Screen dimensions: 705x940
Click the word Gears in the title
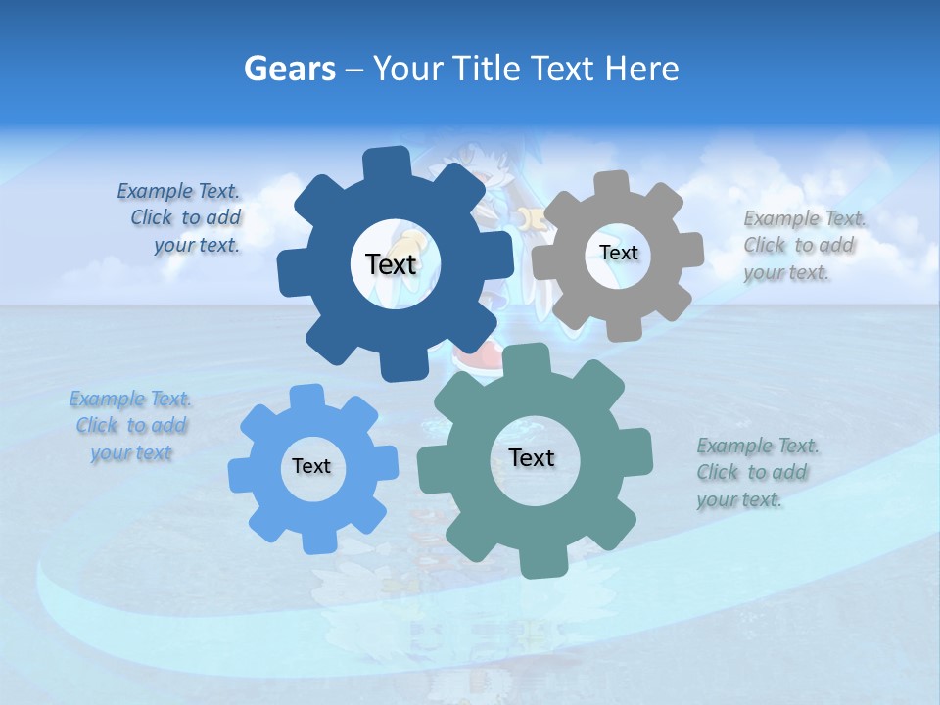[x=289, y=69]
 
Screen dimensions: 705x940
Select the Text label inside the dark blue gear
[x=391, y=264]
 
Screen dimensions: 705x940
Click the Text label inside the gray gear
[x=618, y=253]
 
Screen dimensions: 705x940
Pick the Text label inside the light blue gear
[x=311, y=467]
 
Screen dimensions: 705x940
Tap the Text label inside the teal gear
[x=532, y=458]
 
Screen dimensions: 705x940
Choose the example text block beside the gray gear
[x=800, y=246]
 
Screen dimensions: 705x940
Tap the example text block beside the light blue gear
[x=130, y=426]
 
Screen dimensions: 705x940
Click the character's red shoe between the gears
[x=477, y=354]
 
